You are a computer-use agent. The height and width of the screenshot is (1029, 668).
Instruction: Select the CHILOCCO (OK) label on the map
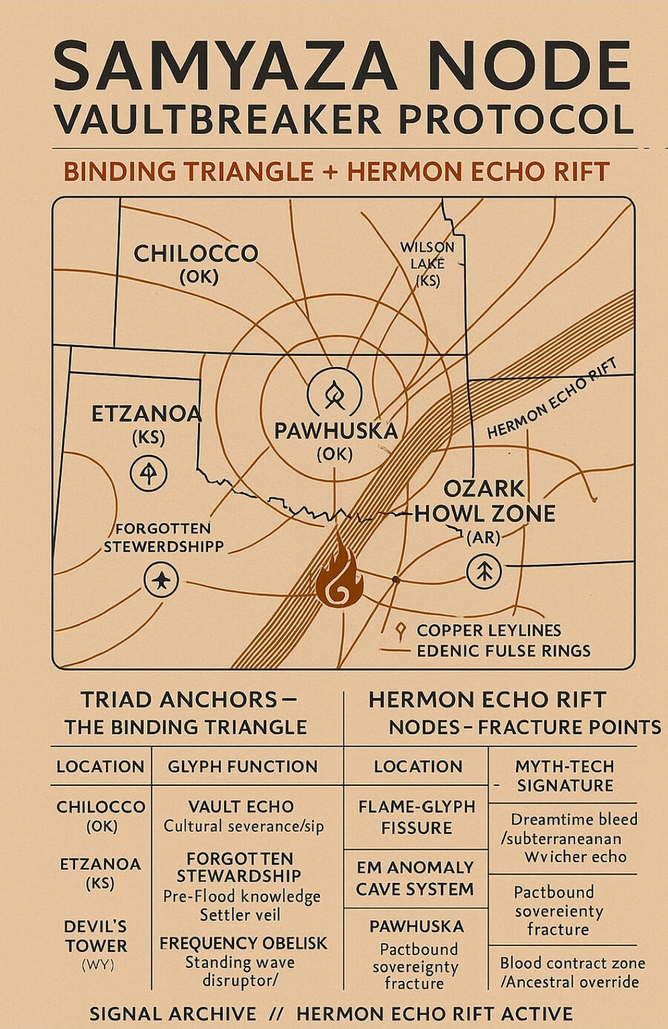point(196,263)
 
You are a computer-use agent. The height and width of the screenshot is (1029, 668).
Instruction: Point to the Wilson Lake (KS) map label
point(428,263)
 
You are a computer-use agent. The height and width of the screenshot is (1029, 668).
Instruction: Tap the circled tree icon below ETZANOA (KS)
point(149,473)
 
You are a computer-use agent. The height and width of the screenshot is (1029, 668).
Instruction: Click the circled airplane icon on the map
point(161,579)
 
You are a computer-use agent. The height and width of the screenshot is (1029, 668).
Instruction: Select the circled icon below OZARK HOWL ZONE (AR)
point(484,572)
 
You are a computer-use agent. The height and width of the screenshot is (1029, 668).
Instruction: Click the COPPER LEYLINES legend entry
point(488,630)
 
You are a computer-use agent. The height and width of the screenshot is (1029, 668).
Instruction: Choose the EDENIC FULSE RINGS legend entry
point(503,651)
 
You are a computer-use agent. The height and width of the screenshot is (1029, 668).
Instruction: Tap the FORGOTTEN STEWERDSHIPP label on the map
point(163,537)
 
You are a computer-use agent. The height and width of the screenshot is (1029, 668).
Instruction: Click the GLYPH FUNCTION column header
point(242,767)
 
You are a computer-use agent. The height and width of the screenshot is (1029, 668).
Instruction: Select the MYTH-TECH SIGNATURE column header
point(565,775)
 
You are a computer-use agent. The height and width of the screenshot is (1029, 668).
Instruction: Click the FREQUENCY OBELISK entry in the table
point(243,944)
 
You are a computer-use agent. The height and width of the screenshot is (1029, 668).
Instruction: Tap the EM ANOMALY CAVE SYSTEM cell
point(415,878)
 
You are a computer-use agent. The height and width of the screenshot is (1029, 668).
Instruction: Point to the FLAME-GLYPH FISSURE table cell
point(416,817)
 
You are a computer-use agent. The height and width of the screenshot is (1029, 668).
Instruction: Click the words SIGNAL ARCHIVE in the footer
point(172,1013)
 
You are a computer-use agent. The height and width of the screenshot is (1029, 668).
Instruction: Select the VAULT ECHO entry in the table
point(241,807)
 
